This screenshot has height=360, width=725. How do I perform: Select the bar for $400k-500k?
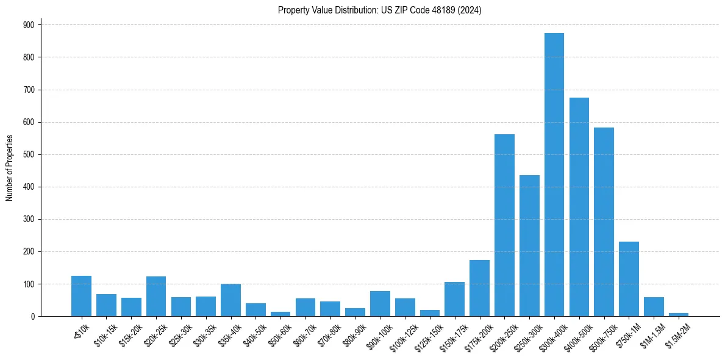point(579,207)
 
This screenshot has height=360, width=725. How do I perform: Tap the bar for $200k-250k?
point(504,225)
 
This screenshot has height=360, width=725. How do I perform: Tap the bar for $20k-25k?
point(156,297)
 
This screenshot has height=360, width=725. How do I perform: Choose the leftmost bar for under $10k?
point(81,296)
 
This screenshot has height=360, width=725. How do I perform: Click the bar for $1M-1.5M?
point(654,307)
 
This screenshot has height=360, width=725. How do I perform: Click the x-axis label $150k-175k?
point(451,336)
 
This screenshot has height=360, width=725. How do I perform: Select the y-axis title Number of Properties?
point(9,168)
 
